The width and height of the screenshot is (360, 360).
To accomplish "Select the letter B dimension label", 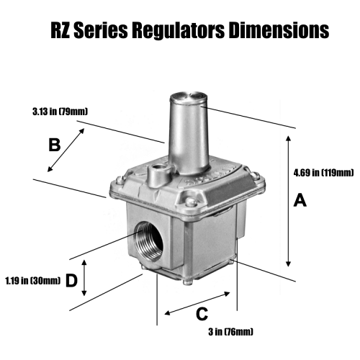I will pyautogui.click(x=53, y=145).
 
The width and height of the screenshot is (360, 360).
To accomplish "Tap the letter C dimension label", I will pyautogui.click(x=202, y=314).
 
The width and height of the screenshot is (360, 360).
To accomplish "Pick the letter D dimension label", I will pyautogui.click(x=71, y=281).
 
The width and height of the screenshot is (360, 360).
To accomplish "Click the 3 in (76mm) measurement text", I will pyautogui.click(x=229, y=332).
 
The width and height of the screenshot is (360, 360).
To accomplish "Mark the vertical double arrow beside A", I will pyautogui.click(x=288, y=204).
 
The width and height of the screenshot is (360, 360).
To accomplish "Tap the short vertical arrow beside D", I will pyautogui.click(x=85, y=279).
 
